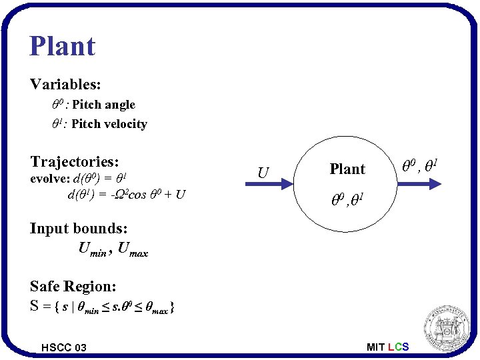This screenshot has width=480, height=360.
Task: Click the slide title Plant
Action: point(63,46)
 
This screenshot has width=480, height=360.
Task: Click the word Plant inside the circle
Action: point(347,169)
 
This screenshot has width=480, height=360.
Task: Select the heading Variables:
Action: point(65,85)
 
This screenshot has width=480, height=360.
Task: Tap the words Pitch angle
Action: point(103,105)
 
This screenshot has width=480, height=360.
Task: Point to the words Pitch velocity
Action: point(109,124)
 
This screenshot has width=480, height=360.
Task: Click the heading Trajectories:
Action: point(75,161)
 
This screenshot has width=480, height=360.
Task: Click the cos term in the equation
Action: point(135,195)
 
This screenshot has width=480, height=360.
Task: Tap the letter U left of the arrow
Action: point(263,173)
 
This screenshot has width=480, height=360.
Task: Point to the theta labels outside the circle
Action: point(419,161)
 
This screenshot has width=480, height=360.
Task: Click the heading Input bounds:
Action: point(79,228)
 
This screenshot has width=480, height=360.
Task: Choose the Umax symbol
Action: point(133,250)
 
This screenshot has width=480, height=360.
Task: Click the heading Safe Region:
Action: point(73,286)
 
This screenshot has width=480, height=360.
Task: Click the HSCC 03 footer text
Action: point(63,347)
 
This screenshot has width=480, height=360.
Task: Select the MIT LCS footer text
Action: point(388,347)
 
